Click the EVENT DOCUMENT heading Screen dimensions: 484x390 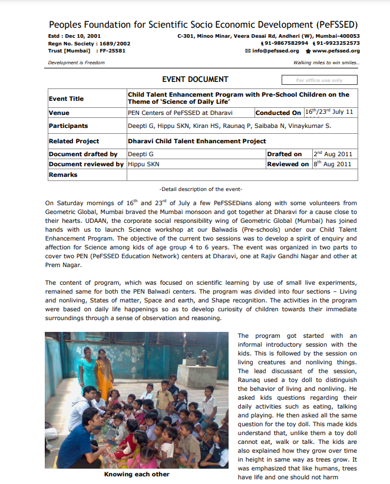point(195,80)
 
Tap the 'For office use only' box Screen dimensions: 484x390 point(319,80)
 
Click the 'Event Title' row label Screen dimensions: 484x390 point(66,98)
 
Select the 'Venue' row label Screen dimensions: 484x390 point(59,113)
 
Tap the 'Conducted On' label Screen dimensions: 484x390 point(279,113)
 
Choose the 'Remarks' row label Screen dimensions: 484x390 point(63,175)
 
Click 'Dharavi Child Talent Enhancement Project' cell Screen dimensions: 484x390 point(197,141)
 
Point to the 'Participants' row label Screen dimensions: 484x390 point(68,126)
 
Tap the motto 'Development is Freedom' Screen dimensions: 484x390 point(76,62)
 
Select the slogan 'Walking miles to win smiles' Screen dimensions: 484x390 point(326,62)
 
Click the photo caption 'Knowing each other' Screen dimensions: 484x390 point(136,474)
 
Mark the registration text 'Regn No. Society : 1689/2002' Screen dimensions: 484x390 point(89,43)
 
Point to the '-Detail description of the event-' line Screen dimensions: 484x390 point(201,189)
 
